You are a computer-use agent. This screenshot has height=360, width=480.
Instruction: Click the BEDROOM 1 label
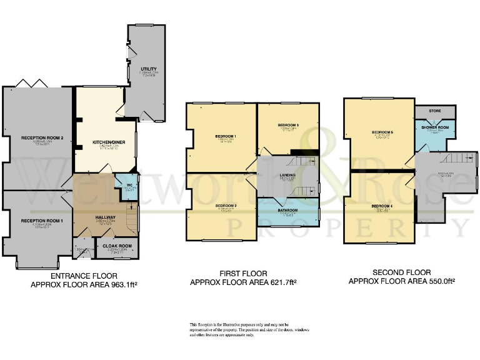pyautogui.click(x=225, y=136)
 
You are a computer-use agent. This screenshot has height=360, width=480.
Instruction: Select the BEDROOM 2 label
pyautogui.click(x=225, y=205)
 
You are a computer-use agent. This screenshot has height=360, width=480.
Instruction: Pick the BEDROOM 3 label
pyautogui.click(x=288, y=126)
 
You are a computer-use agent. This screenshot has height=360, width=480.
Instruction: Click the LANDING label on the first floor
pyautogui.click(x=287, y=176)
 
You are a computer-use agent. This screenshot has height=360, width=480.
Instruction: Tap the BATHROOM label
pyautogui.click(x=287, y=211)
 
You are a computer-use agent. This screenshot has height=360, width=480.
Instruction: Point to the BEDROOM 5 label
pyautogui.click(x=382, y=132)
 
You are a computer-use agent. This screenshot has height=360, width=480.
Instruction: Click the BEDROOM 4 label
pyautogui.click(x=381, y=206)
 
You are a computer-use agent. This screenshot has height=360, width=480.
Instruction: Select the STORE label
pyautogui.click(x=434, y=111)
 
